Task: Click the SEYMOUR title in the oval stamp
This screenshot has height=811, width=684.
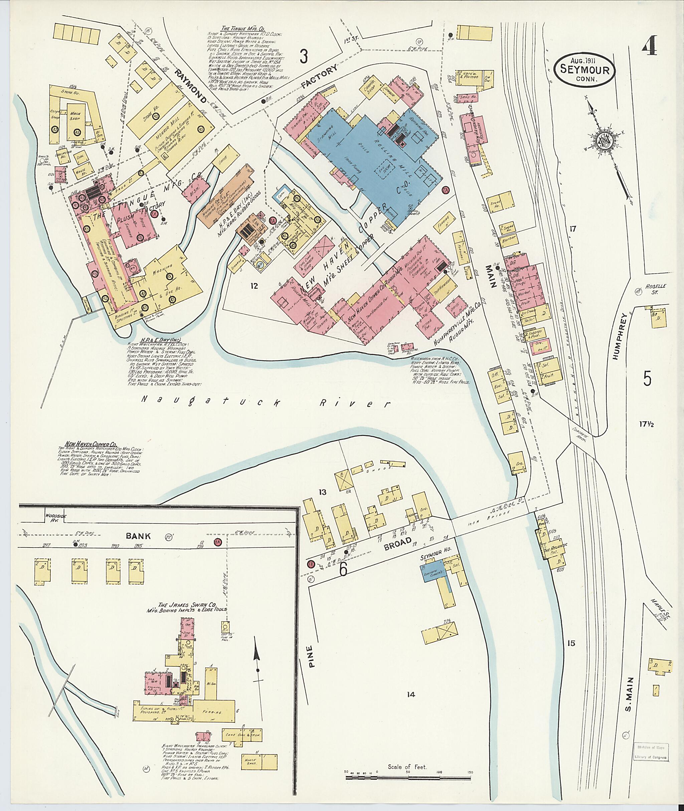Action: tap(586, 70)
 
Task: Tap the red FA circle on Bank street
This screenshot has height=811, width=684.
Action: tap(217, 543)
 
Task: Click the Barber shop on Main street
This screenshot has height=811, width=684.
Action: tap(508, 240)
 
